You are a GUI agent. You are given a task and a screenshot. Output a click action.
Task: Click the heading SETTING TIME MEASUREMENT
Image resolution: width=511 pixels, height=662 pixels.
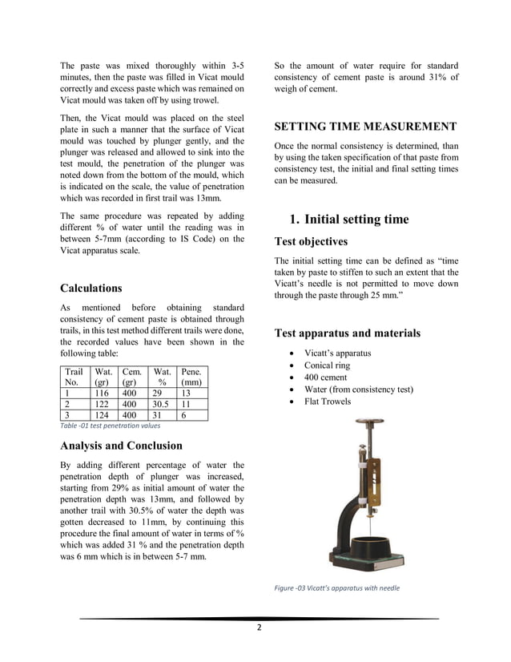tap(365, 127)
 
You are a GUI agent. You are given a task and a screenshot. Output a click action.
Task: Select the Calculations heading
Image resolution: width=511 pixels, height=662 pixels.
tap(91, 289)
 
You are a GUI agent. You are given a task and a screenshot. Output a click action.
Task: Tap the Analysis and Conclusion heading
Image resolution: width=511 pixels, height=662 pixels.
tap(121, 446)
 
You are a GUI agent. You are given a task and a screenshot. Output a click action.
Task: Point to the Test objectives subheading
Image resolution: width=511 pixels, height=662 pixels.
tap(311, 241)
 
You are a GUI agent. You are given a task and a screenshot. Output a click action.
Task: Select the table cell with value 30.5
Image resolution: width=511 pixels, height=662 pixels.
tap(161, 405)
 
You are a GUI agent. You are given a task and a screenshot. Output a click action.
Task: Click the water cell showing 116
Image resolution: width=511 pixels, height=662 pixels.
tap(103, 394)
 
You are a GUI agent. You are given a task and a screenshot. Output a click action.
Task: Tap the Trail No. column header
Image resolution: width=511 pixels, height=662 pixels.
tap(74, 377)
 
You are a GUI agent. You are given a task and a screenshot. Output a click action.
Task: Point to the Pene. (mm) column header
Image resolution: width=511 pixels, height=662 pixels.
tap(191, 377)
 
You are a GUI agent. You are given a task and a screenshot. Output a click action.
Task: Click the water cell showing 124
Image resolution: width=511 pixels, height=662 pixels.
tap(103, 415)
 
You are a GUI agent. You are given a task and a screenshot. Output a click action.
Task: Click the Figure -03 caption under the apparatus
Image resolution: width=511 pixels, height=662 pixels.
tap(336, 589)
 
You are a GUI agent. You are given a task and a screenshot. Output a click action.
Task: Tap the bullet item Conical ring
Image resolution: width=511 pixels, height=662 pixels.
tap(326, 365)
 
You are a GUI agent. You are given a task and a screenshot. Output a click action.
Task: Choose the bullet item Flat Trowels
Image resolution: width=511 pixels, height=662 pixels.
tap(327, 402)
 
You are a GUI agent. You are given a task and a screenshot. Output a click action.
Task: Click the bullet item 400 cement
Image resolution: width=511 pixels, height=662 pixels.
tap(326, 377)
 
